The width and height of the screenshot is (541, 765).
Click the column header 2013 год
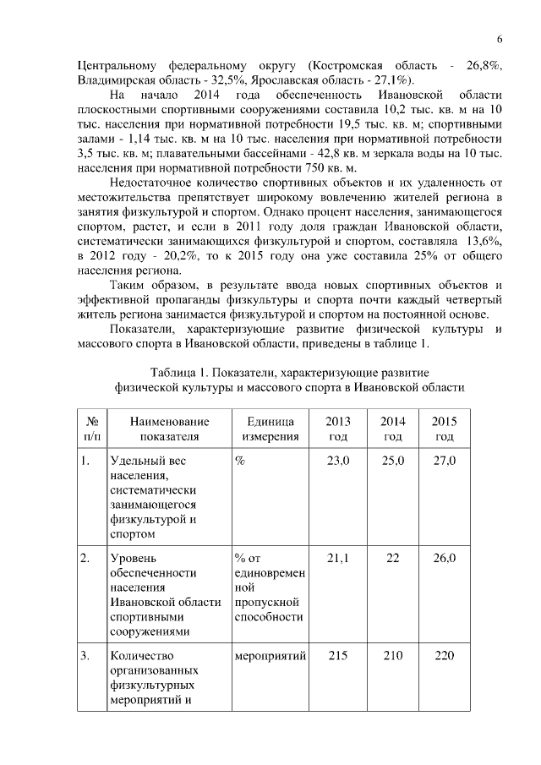coord(338,429)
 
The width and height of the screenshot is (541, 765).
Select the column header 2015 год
coord(444,429)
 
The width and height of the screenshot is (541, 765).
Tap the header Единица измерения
coord(270,429)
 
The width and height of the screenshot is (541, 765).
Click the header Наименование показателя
coord(169,429)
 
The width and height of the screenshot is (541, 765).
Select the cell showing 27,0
coord(444,461)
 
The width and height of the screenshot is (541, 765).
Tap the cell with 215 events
coord(338,655)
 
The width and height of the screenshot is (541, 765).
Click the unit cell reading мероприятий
coord(270,655)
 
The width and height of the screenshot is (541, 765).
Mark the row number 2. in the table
coord(86,558)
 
